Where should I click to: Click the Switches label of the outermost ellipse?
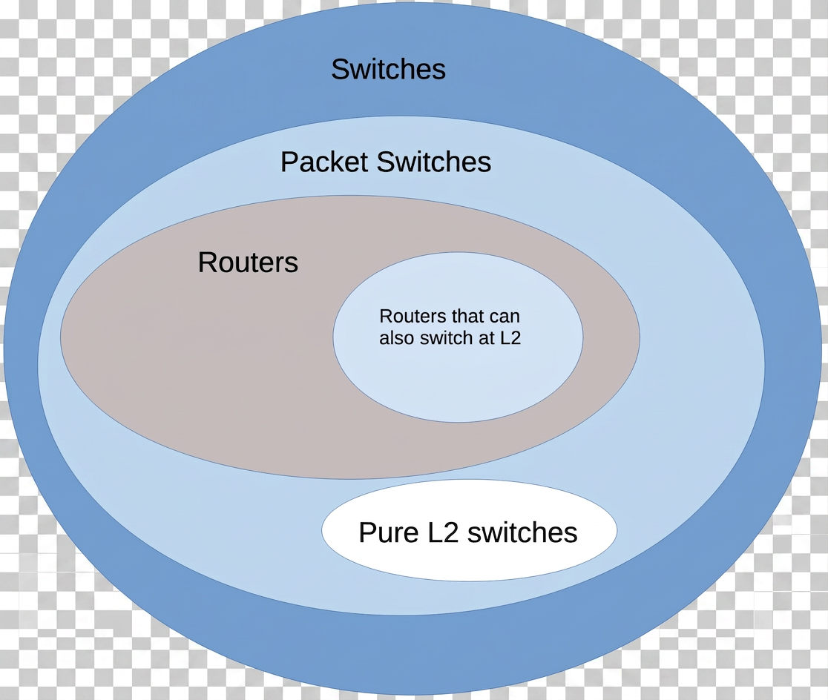388,70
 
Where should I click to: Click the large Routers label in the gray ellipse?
248,262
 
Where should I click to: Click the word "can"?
496,317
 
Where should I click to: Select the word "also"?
395,338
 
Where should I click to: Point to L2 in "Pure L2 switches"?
433,532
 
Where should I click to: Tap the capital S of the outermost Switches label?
340,70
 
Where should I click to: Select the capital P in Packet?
288,162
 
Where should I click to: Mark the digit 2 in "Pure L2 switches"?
440,532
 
